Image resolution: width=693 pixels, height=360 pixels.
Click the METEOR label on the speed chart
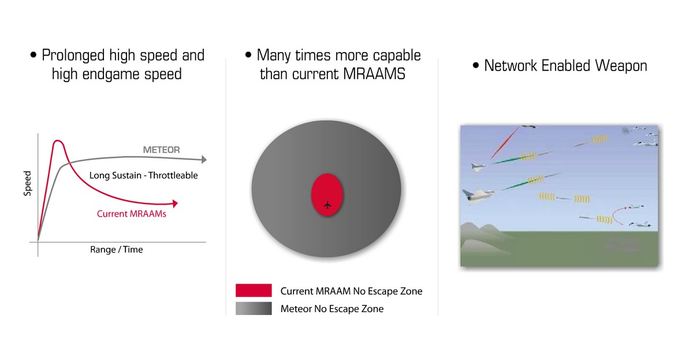click(x=161, y=150)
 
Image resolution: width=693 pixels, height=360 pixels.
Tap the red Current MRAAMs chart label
click(x=132, y=214)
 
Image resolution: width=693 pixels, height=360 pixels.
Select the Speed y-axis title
click(x=28, y=183)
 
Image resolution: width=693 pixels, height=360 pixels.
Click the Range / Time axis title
click(x=116, y=250)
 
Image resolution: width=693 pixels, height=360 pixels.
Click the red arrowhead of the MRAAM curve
click(x=176, y=203)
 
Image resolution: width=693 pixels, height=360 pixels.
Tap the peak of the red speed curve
click(x=58, y=141)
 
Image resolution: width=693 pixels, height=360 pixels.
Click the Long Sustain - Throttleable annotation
click(x=144, y=176)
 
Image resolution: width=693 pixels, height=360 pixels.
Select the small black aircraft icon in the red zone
click(x=327, y=205)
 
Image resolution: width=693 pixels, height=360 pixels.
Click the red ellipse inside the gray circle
click(x=327, y=194)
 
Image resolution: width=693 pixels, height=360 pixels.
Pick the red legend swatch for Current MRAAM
click(x=254, y=290)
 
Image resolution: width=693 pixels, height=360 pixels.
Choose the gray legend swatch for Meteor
click(x=254, y=309)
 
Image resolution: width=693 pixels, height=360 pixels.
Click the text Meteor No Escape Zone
click(x=332, y=309)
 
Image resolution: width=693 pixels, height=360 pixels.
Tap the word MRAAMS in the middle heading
click(x=374, y=74)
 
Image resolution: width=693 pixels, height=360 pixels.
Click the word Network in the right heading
click(x=511, y=66)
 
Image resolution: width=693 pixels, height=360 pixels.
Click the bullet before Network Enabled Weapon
click(x=476, y=65)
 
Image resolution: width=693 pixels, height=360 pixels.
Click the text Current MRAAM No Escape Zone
click(x=352, y=291)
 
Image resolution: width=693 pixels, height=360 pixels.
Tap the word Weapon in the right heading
click(x=621, y=66)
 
